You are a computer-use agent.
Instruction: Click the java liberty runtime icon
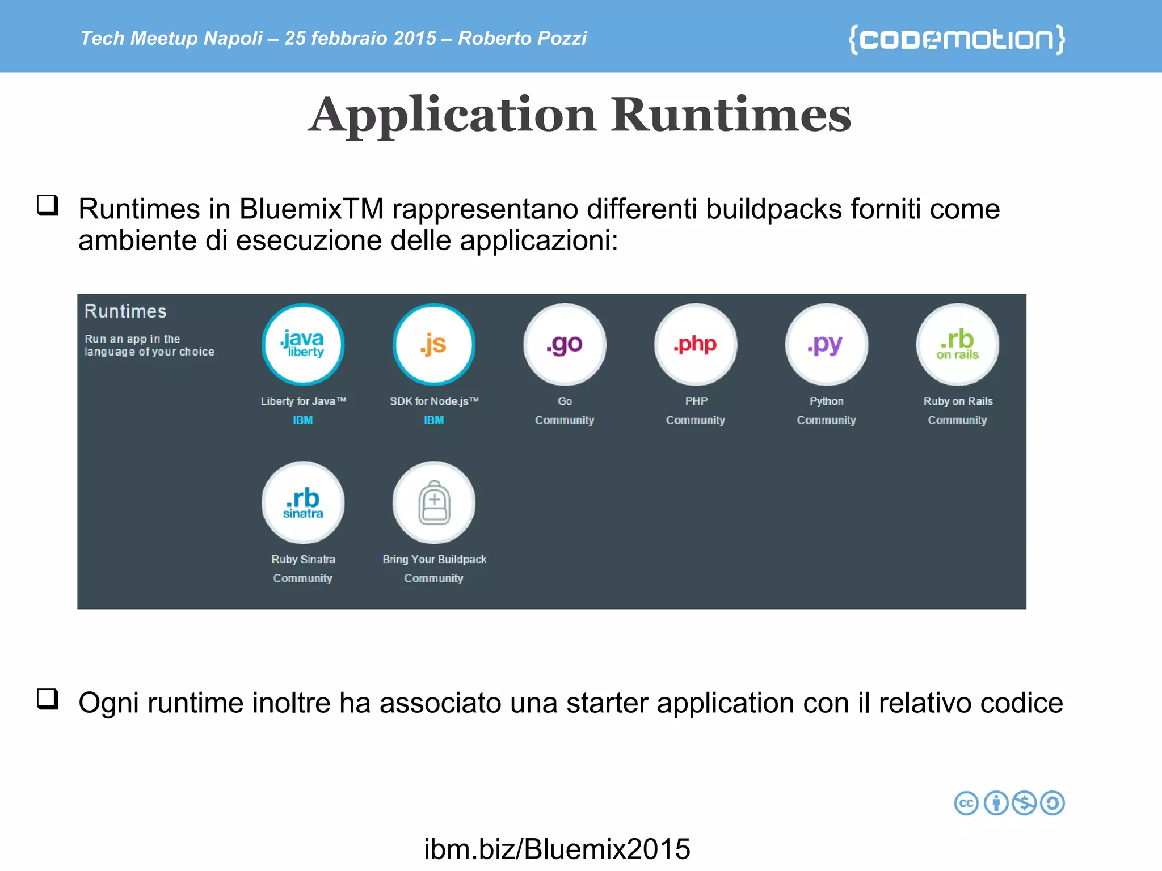(303, 344)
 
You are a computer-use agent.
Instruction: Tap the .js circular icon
(434, 344)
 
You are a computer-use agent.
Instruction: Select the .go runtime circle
(565, 344)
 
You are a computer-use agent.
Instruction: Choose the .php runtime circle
(696, 344)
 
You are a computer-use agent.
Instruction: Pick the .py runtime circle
(827, 344)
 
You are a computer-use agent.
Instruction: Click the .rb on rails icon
(958, 344)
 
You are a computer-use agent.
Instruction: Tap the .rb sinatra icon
(303, 502)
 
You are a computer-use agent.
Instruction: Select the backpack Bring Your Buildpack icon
(434, 502)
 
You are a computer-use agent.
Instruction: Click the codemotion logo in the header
(957, 39)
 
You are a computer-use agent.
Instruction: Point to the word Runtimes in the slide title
(731, 115)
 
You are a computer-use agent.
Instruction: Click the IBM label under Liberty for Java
(303, 420)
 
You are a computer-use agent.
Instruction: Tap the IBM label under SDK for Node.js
(434, 420)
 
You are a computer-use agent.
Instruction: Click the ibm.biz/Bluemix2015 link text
(557, 849)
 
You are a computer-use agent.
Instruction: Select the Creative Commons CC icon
(966, 803)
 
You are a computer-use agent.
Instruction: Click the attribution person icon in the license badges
(996, 803)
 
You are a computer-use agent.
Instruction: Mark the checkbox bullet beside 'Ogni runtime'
(48, 699)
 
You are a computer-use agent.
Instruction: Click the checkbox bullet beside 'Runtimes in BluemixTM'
(48, 205)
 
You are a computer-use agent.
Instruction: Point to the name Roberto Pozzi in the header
(522, 38)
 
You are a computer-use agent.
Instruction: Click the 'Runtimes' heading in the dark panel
(125, 311)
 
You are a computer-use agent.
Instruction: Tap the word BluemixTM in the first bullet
(311, 209)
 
